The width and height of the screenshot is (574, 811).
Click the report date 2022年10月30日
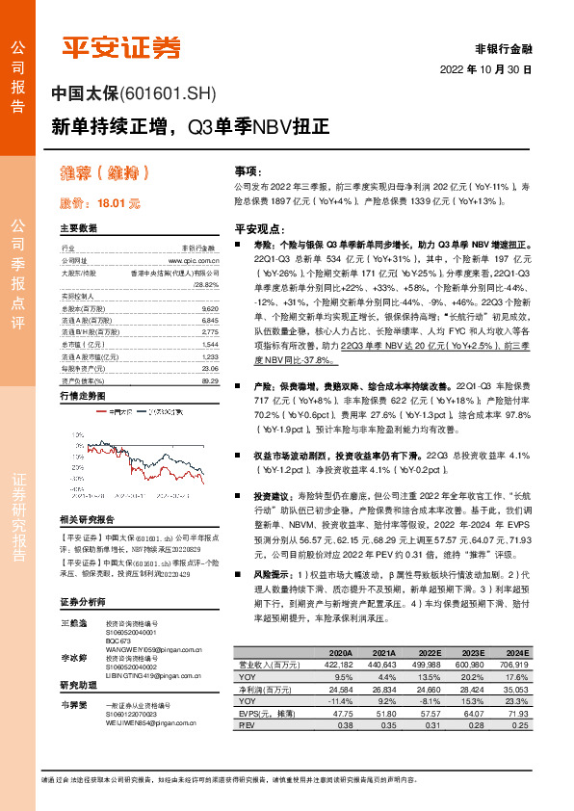[x=485, y=70]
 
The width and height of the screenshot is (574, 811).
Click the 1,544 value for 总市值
[x=211, y=344]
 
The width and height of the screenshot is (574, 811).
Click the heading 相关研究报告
[x=93, y=518]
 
